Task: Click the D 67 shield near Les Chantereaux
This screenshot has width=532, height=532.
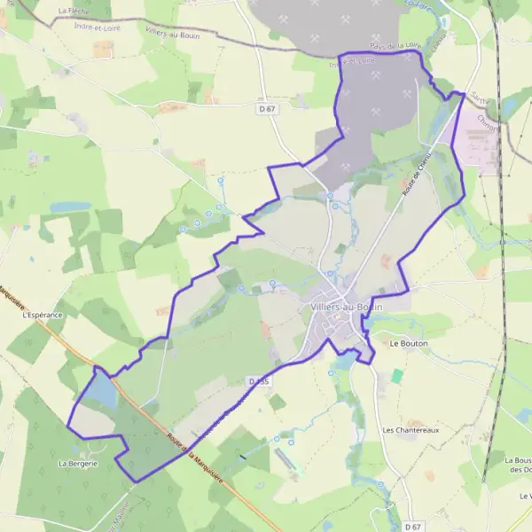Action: (411, 527)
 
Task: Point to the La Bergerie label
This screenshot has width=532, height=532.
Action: (77, 463)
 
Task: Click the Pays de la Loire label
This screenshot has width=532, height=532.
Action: (395, 44)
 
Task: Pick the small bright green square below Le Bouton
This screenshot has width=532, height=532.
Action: (396, 376)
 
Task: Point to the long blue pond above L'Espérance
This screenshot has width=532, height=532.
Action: (70, 207)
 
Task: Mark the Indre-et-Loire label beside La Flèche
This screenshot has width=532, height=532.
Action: (98, 27)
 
